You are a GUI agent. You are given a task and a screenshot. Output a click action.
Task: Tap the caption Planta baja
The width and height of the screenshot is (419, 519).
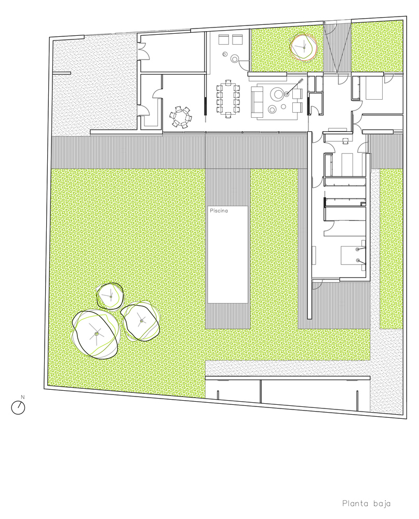pyautogui.click(x=366, y=503)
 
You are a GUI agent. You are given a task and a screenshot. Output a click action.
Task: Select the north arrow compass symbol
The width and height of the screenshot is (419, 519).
pyautogui.click(x=19, y=408)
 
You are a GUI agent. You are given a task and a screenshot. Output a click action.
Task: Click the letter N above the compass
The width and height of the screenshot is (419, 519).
pyautogui.click(x=22, y=398)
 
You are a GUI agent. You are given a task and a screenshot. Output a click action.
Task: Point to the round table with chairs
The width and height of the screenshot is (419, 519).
pyautogui.click(x=180, y=116)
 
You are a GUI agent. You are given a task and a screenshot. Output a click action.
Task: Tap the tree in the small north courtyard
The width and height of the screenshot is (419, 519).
pyautogui.click(x=302, y=47)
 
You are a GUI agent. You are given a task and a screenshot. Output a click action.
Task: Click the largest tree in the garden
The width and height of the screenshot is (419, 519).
pyautogui.click(x=97, y=334)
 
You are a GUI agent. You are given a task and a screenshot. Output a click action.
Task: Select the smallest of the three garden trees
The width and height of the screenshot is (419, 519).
pyautogui.click(x=111, y=295)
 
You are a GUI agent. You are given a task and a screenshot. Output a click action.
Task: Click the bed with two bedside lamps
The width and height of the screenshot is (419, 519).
pyautogui.click(x=349, y=254)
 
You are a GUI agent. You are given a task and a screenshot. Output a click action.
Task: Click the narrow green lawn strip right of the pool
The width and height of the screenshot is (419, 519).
pyautogui.click(x=274, y=244)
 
